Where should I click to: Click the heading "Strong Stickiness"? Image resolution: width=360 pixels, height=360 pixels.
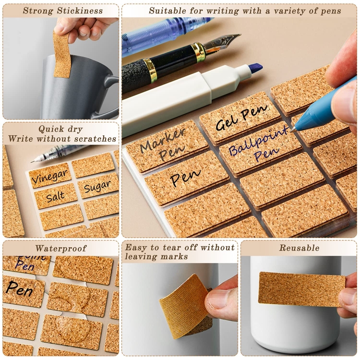[x=63, y=11]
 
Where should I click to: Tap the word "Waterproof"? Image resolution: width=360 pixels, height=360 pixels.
[x=61, y=248]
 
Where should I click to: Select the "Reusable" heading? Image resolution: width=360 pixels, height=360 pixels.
[x=299, y=248]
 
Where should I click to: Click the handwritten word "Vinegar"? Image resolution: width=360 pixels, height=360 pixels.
[x=50, y=176]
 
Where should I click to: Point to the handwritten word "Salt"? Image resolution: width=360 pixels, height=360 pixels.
[x=55, y=196]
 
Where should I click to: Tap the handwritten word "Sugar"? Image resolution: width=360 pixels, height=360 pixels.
[x=97, y=186]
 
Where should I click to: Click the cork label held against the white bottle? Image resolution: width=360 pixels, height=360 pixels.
[x=302, y=289]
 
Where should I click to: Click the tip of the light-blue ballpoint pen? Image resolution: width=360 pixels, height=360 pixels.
[x=291, y=131]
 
